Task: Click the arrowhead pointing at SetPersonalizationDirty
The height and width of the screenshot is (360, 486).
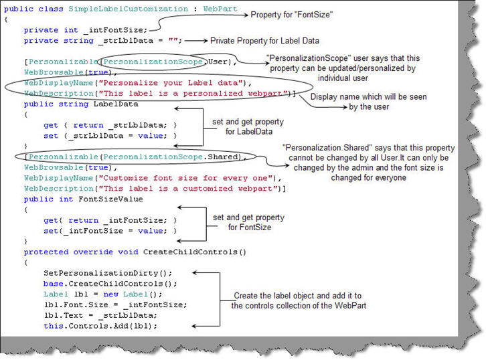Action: (x=193, y=273)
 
